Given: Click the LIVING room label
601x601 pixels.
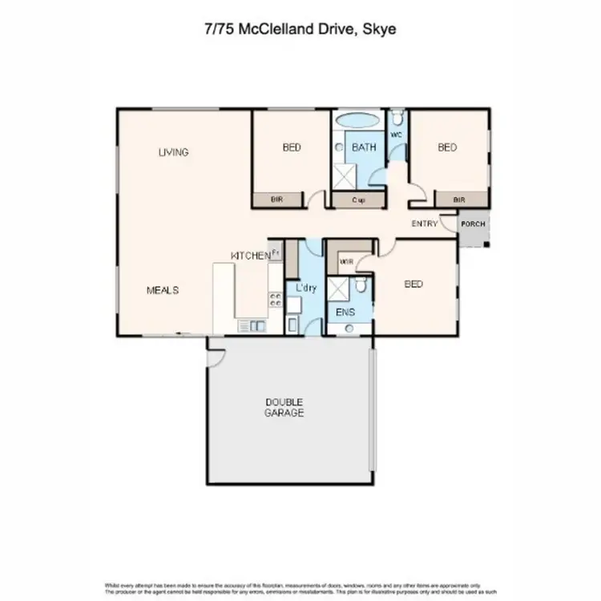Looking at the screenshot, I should pos(173,152).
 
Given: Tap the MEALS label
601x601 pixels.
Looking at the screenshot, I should pos(162,290).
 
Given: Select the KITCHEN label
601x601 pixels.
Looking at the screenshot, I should pos(251,255).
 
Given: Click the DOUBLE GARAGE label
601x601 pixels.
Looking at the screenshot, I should pos(284,407).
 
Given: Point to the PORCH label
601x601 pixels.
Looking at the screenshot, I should pos(473,224).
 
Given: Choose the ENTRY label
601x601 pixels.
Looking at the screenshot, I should pos(425,224).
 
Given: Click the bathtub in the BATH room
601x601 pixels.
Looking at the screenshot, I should pos(357,122).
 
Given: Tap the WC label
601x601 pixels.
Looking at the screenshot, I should pos(396,135).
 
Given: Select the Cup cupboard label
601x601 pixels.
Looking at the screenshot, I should pos(357,200).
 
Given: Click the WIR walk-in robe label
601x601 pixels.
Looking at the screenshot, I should pos(347,260).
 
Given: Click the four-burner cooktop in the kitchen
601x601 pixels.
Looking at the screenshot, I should pos(275,300).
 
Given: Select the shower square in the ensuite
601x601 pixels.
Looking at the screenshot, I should pos(341,287).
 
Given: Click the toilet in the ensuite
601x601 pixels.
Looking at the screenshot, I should pos(362,284).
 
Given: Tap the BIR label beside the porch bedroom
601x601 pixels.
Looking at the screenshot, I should pos(459,200).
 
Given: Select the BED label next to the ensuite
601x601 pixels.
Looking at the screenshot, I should pos(413,284).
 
